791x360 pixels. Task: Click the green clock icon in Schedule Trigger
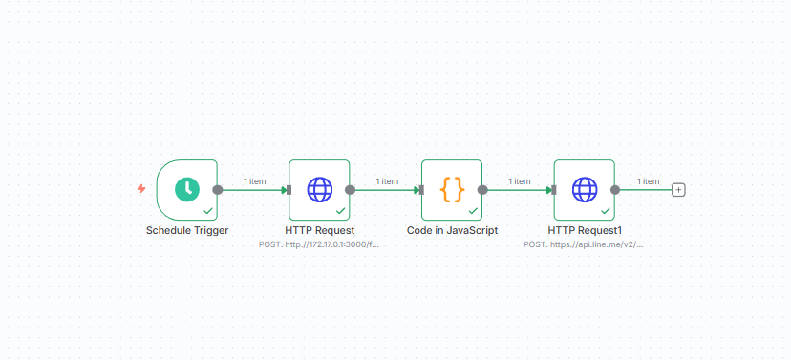pos(187,190)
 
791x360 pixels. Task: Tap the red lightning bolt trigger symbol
pos(141,188)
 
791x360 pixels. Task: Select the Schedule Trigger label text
pos(187,230)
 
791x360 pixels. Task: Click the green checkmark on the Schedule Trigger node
pos(208,211)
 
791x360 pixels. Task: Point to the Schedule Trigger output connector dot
pos(218,190)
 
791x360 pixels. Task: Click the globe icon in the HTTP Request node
pos(320,190)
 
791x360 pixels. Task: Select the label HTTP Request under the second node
pos(320,230)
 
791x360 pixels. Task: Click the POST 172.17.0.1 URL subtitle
pos(319,244)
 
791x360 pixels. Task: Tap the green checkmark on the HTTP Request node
pos(340,211)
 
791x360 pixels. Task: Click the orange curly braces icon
pos(452,190)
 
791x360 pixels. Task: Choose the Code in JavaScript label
pos(453,230)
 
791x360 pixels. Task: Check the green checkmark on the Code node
pos(473,211)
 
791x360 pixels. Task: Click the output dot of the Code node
pos(482,190)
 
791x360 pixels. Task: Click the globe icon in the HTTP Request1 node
pos(585,190)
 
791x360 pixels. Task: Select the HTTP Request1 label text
pos(585,230)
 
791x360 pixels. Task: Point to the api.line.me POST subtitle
pos(584,244)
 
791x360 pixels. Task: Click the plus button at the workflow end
pos(679,190)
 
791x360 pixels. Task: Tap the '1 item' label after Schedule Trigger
pos(254,181)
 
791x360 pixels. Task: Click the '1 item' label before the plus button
pos(648,181)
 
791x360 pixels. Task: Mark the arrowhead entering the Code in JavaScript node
pos(417,190)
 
